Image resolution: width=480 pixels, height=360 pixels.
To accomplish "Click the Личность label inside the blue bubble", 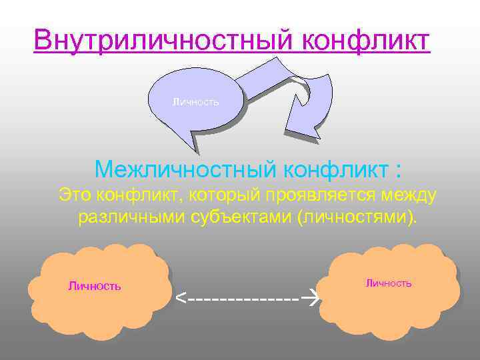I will coord(195,103).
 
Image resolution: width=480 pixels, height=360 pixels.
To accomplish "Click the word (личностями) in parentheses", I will coord(358,217).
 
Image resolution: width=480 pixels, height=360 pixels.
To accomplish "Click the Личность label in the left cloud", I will coord(94,286).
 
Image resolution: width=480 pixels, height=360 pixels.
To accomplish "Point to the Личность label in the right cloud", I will coord(389,283).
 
